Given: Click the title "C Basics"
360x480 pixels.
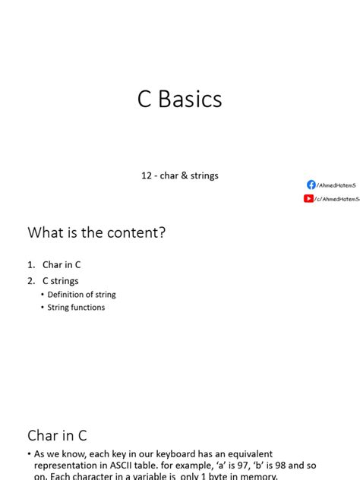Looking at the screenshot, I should coord(179,99).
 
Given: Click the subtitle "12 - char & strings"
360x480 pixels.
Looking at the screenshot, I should coord(179,175).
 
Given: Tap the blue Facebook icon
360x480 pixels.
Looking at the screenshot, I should coord(311,185).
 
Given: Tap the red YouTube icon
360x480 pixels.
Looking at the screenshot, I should coord(308,199).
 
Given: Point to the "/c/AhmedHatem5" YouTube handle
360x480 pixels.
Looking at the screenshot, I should coord(336,199).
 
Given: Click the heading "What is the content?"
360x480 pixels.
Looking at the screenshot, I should coord(96,233).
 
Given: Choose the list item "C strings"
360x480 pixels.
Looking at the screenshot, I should coord(60,281).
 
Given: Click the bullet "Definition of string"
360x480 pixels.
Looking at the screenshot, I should coord(81,295).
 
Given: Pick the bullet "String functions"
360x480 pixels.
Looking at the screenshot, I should coord(76,308).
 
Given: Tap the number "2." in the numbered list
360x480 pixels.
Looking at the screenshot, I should coord(31,281).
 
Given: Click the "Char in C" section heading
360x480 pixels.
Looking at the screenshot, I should coord(58,435).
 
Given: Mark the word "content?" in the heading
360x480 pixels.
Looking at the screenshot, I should coord(137,233).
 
